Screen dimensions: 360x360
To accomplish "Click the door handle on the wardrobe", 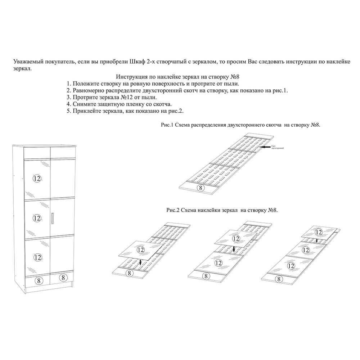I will (53, 219).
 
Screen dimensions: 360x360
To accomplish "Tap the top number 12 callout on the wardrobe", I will (37, 178).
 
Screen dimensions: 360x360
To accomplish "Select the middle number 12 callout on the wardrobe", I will (37, 217).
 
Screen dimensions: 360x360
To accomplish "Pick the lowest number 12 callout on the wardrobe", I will (37, 257).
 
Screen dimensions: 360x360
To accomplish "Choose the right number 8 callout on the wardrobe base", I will (63, 278).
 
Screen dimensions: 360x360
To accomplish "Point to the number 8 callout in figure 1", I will (201, 187).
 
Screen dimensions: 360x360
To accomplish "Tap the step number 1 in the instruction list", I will (68, 84).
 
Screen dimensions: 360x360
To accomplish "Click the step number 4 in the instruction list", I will (68, 104).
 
